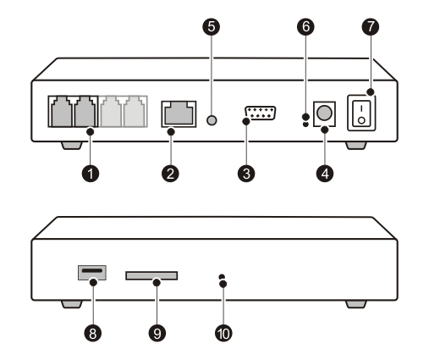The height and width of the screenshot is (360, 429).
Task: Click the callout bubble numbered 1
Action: pyautogui.click(x=91, y=173)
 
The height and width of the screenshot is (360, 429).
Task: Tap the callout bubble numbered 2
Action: pyautogui.click(x=170, y=173)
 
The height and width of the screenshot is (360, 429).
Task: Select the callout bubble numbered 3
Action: pyautogui.click(x=246, y=173)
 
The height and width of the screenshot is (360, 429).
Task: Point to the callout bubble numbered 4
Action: pyautogui.click(x=325, y=173)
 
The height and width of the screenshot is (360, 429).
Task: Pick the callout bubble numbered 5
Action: pyautogui.click(x=212, y=27)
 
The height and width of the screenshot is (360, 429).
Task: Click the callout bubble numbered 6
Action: pyautogui.click(x=305, y=27)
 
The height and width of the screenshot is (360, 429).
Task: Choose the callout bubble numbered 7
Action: pyautogui.click(x=371, y=27)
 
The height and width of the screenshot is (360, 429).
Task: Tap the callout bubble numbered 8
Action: pyautogui.click(x=93, y=333)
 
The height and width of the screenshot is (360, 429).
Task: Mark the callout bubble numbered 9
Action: pyautogui.click(x=157, y=333)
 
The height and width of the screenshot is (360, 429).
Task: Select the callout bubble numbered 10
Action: pyautogui.click(x=223, y=333)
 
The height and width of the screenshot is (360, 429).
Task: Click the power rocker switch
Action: pyautogui.click(x=361, y=113)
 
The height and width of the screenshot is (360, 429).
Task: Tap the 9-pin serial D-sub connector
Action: pyautogui.click(x=260, y=113)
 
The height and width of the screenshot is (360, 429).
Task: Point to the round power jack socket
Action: pyautogui.click(x=324, y=114)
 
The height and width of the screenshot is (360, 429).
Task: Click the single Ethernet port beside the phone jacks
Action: pyautogui.click(x=179, y=114)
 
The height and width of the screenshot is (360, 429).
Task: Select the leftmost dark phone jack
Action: pyautogui.click(x=61, y=112)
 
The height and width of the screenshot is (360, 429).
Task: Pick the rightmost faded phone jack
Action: pyautogui.click(x=135, y=112)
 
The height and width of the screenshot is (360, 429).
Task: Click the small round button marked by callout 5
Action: pyautogui.click(x=212, y=120)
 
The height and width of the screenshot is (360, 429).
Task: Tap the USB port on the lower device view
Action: pyautogui.click(x=92, y=273)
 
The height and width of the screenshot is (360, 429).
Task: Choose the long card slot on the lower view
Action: pyautogui.click(x=151, y=275)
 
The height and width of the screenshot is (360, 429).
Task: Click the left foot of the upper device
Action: pyautogui.click(x=72, y=146)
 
